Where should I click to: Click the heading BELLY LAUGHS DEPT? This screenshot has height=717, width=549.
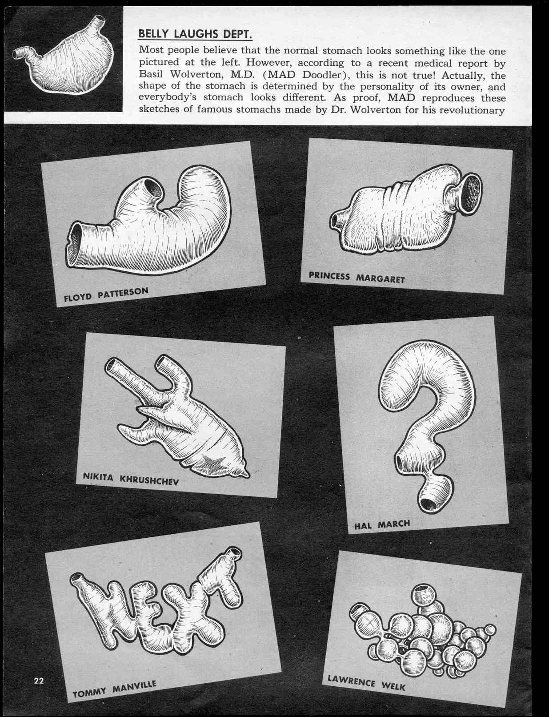195,34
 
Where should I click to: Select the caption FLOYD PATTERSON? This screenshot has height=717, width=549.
106,294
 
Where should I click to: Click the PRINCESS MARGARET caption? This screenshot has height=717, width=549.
357,277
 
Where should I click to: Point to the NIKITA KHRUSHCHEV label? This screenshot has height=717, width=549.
131,479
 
